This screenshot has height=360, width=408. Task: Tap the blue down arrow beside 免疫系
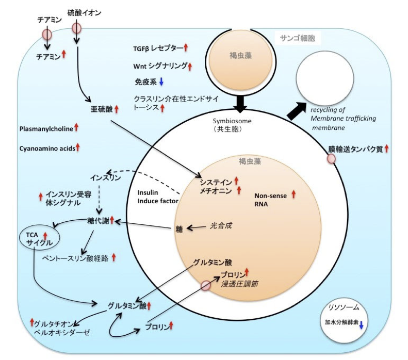tap(161, 81)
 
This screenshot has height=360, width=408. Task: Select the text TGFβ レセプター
tap(158, 49)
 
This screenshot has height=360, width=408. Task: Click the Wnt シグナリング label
tap(159, 66)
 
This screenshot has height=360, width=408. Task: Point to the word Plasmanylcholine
tap(45, 128)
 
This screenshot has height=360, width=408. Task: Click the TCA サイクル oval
tap(40, 238)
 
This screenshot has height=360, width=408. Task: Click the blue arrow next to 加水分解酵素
tap(361, 324)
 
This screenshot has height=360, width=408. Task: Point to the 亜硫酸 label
tap(101, 109)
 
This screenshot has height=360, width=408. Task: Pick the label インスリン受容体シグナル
tap(67, 199)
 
